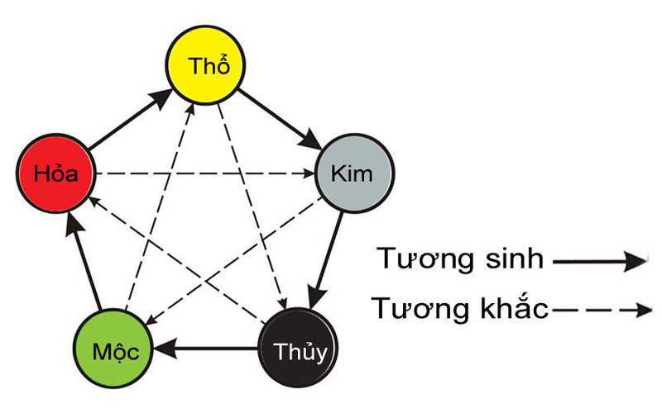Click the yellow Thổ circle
point(205,65)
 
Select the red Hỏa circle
point(56,173)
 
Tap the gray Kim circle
point(355,173)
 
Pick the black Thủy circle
point(298,348)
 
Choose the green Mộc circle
point(113,349)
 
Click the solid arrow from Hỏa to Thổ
point(131,119)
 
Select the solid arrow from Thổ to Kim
point(280,119)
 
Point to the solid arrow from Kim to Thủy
point(325,260)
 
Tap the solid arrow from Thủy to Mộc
point(205,349)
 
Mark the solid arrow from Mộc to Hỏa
point(84,262)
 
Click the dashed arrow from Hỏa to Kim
point(205,173)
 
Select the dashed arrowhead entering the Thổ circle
point(190,109)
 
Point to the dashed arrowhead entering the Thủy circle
point(282,304)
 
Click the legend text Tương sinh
point(460,259)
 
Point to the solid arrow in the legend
point(599,262)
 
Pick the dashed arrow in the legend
point(602,311)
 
